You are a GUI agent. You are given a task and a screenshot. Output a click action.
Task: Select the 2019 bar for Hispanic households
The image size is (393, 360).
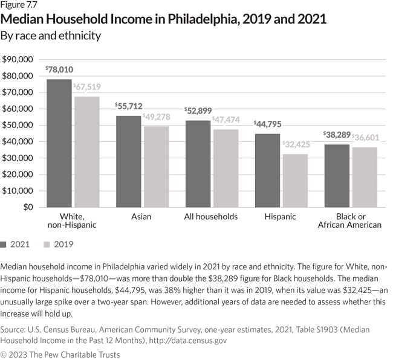coord(295,181)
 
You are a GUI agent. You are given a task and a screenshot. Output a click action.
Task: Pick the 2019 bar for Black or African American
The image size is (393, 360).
coord(365,177)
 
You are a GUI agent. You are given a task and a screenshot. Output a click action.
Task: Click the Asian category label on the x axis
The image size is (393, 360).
coord(142,216)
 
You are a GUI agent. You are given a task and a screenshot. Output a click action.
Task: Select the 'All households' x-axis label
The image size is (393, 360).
coord(212,216)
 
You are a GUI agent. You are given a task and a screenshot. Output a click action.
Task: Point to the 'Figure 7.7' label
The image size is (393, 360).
coord(19,5)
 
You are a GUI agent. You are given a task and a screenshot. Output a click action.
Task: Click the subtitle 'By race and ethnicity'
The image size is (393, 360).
coord(51,36)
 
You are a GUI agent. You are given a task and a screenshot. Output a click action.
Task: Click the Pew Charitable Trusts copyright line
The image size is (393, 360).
coord(60,354)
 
